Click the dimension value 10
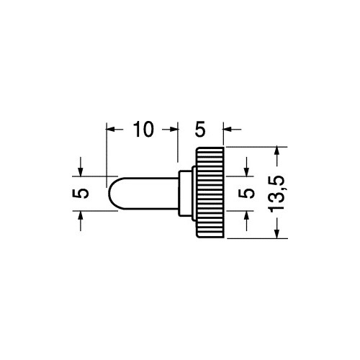143,130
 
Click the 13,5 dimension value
276,194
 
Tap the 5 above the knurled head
200,130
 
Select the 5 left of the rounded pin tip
81,194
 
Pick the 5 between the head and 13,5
246,194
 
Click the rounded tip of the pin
113,194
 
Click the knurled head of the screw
210,192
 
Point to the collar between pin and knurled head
186,193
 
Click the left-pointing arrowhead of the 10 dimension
110,130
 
